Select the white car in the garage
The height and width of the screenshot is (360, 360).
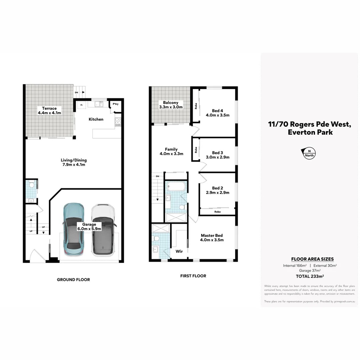(103, 230)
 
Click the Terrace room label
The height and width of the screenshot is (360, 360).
(49, 108)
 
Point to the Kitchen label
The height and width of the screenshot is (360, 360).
(96, 119)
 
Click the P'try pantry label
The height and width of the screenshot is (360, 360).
(116, 104)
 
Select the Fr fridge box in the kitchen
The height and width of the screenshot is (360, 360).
(82, 105)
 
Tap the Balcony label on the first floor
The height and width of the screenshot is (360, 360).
(171, 103)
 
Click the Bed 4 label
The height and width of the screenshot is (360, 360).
(217, 111)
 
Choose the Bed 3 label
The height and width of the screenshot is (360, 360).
(217, 153)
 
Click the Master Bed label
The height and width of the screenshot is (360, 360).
(212, 235)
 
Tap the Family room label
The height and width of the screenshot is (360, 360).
(171, 149)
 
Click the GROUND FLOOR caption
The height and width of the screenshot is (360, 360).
(73, 280)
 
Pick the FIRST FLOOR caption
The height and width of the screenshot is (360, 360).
(193, 276)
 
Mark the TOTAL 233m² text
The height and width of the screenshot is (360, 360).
(310, 276)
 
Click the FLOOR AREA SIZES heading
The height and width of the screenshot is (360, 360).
(312, 259)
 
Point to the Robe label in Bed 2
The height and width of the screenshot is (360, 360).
(217, 212)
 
